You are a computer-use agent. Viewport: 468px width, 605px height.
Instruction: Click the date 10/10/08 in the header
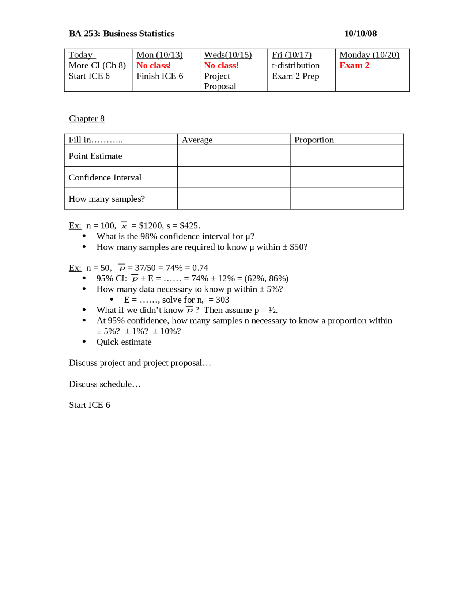click(x=360, y=34)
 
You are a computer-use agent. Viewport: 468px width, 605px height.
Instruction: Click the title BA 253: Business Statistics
click(x=122, y=34)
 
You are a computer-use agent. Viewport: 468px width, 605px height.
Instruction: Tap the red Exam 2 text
click(x=354, y=65)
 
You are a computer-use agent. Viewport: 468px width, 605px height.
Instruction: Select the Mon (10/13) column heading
click(x=159, y=55)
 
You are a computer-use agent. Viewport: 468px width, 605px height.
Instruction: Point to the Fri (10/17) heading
click(x=291, y=55)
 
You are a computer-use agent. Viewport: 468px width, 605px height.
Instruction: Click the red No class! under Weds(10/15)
click(x=221, y=65)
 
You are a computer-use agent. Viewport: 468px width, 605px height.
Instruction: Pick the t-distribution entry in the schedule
click(x=295, y=65)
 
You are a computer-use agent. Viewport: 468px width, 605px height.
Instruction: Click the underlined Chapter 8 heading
click(x=87, y=118)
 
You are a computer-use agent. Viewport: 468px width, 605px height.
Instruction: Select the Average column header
click(x=197, y=140)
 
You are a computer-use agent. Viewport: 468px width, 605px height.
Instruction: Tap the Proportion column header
click(x=314, y=140)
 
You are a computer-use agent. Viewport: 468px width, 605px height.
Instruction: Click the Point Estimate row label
click(x=95, y=156)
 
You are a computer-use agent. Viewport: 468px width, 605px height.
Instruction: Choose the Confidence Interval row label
click(x=105, y=178)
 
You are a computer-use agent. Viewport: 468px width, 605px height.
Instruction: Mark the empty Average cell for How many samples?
click(x=234, y=199)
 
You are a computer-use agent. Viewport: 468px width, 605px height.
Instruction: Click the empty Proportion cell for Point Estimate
click(x=347, y=156)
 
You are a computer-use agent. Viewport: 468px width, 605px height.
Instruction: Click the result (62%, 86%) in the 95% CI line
click(x=266, y=278)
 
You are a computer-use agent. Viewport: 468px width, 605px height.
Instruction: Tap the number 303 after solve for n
click(x=222, y=300)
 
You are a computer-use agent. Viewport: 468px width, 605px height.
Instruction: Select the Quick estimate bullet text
click(x=124, y=342)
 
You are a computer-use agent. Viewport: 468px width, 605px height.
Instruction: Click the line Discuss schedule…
click(x=105, y=384)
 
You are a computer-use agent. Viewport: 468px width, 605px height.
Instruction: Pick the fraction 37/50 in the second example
click(x=145, y=268)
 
